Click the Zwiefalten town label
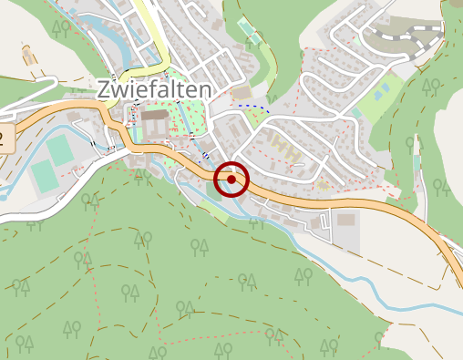tap(153, 89)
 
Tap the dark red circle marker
tap(231, 180)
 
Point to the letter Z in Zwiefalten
tap(104, 89)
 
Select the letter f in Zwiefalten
tap(160, 88)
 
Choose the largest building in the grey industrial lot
tap(346, 220)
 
